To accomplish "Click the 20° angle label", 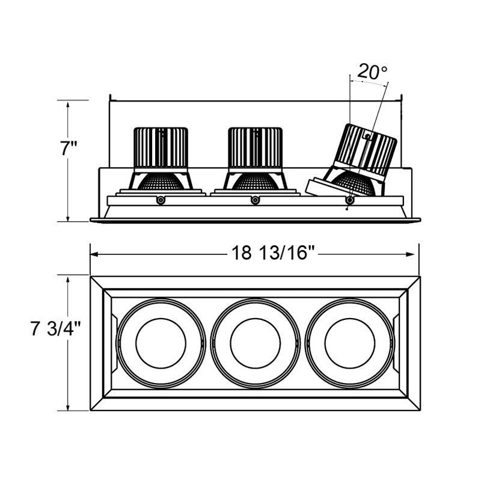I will pyautogui.click(x=372, y=72).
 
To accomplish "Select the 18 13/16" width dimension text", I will pyautogui.click(x=273, y=253).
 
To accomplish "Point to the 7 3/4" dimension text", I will pyautogui.click(x=55, y=329).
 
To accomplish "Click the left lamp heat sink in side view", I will pyautogui.click(x=161, y=147).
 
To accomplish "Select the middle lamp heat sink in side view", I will pyautogui.click(x=255, y=147).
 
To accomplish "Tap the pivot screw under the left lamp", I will pyautogui.click(x=160, y=200).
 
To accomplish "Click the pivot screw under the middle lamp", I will pyautogui.click(x=255, y=200).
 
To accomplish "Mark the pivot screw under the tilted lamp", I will pyautogui.click(x=349, y=200).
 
